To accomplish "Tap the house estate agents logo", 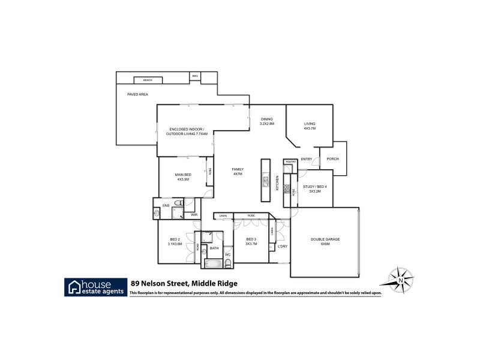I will pyautogui.click(x=95, y=287).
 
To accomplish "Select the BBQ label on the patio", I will pyautogui.click(x=195, y=76).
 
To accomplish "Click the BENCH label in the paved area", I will pyautogui.click(x=148, y=80).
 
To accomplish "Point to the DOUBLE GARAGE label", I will pyautogui.click(x=325, y=239).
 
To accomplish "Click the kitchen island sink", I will pyautogui.click(x=265, y=178).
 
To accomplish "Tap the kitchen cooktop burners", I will pyautogui.click(x=287, y=188).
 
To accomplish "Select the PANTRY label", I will pyautogui.click(x=290, y=162).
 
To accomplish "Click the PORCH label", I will pyautogui.click(x=332, y=159).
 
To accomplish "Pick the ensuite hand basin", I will pyautogui.click(x=157, y=212).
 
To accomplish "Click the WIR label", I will pyautogui.click(x=194, y=214).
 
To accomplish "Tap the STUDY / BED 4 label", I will pyautogui.click(x=314, y=187).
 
